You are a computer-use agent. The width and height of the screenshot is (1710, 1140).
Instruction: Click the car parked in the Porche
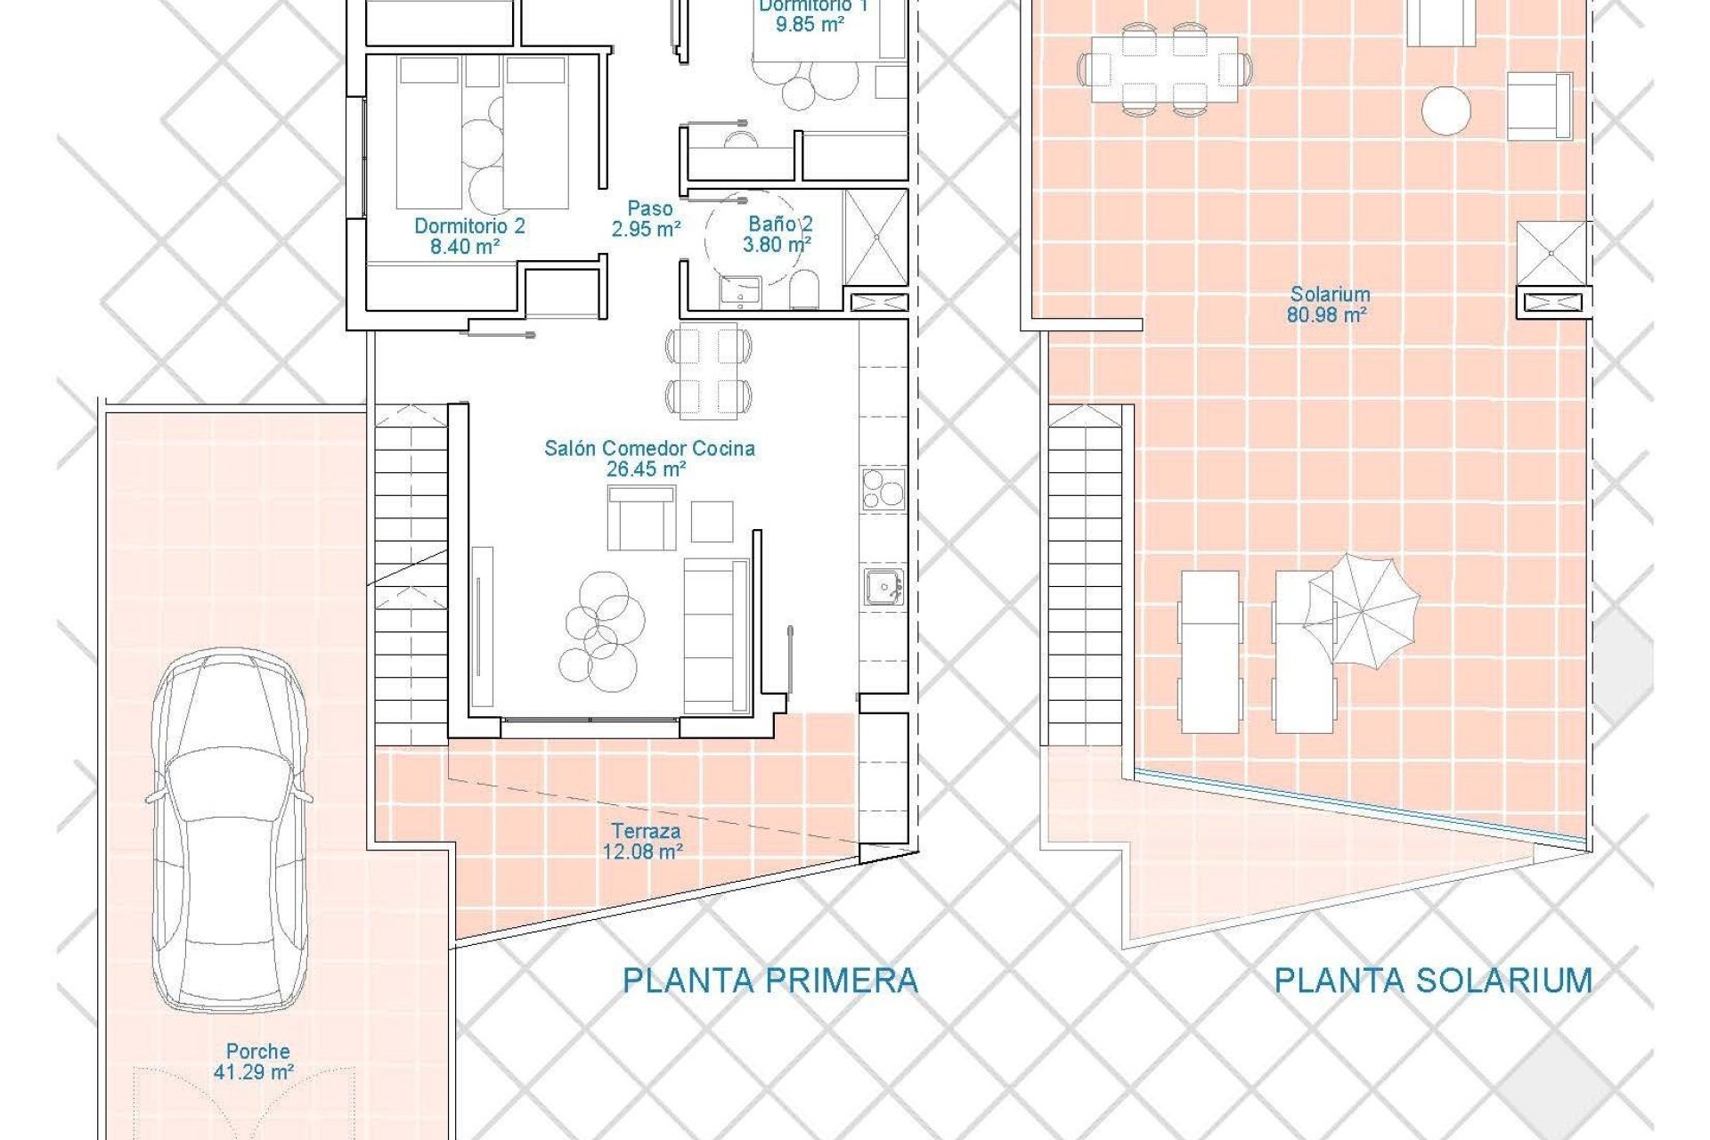click(x=230, y=828)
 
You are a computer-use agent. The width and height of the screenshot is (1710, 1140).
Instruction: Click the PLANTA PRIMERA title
click(x=769, y=981)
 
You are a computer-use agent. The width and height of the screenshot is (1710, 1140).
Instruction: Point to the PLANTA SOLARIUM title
click(x=1432, y=981)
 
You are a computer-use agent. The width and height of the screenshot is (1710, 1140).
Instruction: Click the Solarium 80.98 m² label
click(x=1329, y=304)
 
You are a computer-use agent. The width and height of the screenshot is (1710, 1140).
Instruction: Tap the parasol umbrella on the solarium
click(x=1362, y=611)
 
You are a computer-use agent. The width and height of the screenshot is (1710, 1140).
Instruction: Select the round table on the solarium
click(x=1445, y=110)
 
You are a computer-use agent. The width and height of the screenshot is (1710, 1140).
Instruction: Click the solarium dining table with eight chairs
click(x=1165, y=69)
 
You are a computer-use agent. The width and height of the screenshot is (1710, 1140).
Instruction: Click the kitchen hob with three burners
click(x=882, y=489)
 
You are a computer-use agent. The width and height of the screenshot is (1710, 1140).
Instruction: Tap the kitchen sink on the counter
click(x=883, y=588)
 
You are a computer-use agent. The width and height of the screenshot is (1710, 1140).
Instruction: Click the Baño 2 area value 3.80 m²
click(x=777, y=245)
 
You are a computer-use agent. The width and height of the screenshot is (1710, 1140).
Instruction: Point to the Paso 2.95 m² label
click(x=647, y=218)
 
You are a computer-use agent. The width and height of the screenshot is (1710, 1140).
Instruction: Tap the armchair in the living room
click(x=640, y=519)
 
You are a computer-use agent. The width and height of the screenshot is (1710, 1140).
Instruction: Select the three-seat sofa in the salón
click(x=715, y=634)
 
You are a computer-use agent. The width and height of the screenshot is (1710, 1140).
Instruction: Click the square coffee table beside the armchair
click(x=712, y=521)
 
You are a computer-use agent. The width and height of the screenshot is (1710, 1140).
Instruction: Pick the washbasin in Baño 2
click(x=739, y=291)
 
